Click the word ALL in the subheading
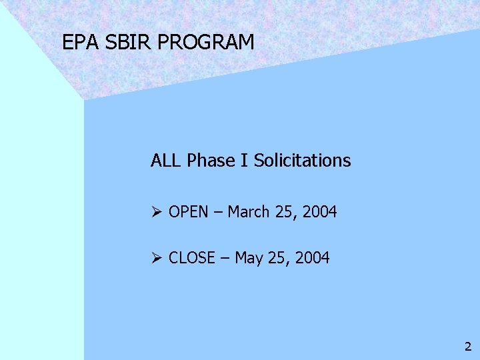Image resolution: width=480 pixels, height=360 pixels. point(167,161)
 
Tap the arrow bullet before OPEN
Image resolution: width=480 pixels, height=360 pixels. point(157,213)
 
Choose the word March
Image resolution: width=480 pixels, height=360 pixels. point(248,213)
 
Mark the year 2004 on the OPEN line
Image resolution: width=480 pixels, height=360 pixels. point(319,213)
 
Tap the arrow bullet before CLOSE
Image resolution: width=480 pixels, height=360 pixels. point(157,258)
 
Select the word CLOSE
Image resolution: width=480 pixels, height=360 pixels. point(192,258)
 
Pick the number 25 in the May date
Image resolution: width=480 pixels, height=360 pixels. point(277,258)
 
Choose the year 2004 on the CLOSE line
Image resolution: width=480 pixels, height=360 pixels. point(312,258)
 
